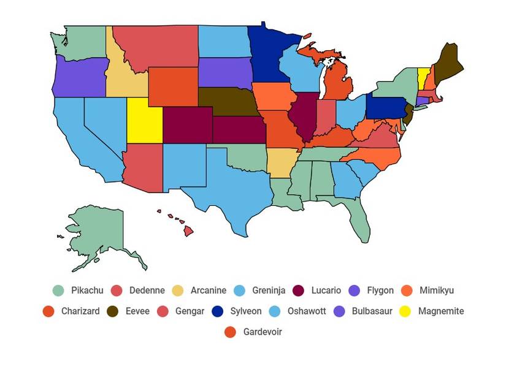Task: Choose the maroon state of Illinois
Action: coord(302,116)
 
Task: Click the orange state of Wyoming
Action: coord(172,86)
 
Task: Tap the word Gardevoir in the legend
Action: coord(263,332)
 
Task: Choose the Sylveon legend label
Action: coord(245,311)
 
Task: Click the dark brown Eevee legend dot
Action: coord(113,311)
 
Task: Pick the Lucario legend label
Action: coord(326,290)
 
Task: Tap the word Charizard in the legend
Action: coord(80,311)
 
